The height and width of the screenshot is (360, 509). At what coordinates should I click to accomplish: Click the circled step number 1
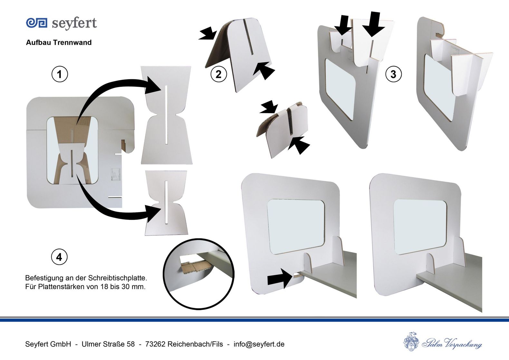point(60,74)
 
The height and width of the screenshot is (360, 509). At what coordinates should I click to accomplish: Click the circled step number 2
point(218,74)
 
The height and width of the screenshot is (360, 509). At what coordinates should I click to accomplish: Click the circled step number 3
point(393,74)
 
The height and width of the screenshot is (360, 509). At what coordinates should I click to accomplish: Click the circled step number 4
point(59,257)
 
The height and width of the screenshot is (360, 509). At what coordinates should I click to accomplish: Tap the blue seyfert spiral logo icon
point(37,23)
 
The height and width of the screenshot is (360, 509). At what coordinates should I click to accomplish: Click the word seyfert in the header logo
point(74,23)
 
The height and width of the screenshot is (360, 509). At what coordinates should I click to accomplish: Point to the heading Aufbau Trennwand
point(59,43)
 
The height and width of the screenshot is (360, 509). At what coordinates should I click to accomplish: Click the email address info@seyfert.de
point(259,344)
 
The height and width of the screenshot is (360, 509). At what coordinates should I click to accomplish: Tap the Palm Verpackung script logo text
point(452,343)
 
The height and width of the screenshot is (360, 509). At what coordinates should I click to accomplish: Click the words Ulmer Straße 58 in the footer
point(108,344)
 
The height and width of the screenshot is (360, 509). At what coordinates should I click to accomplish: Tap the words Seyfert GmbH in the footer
point(48,344)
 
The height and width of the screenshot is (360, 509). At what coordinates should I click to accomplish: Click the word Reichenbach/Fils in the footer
point(195,344)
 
